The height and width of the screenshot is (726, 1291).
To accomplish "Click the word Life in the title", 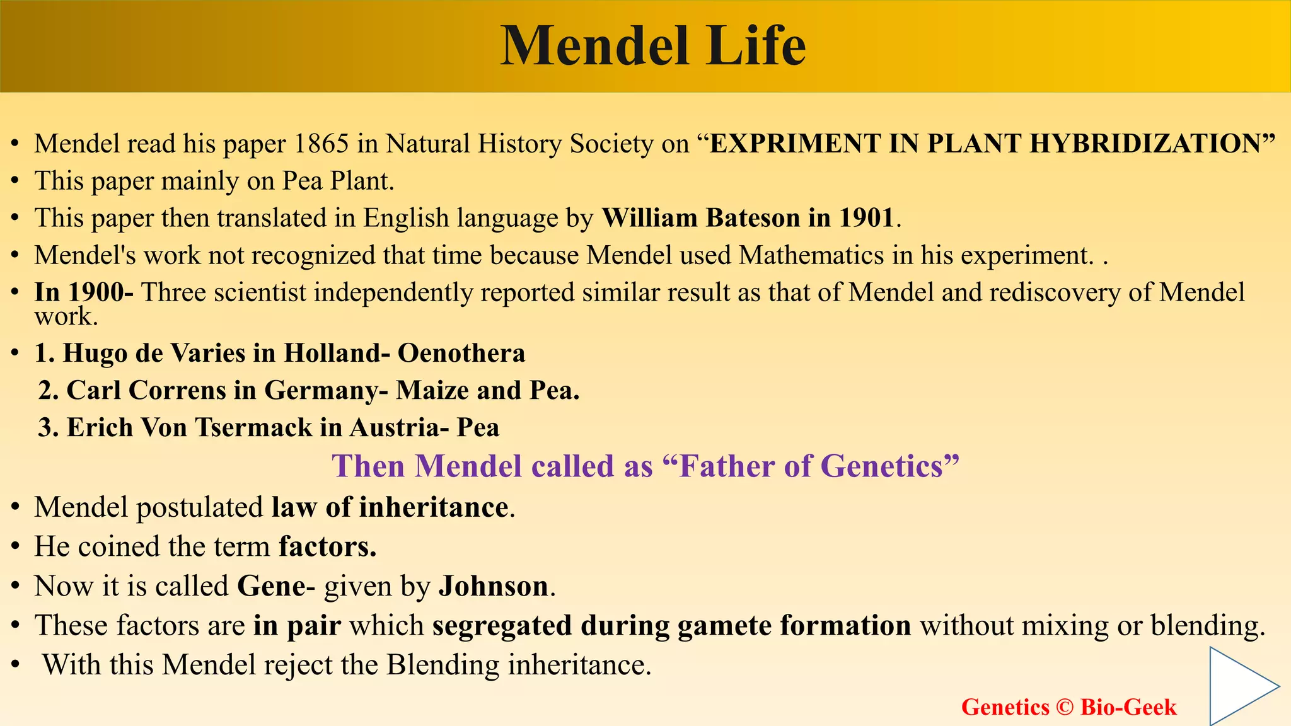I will pos(755,45).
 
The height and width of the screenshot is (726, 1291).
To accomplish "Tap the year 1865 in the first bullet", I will pos(321,144).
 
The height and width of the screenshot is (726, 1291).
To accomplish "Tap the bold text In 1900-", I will pos(83,292).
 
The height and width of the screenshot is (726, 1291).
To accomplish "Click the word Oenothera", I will pos(461,353).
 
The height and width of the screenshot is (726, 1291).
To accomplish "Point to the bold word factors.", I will pos(327,546).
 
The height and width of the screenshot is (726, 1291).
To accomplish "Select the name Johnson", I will pos(493,586).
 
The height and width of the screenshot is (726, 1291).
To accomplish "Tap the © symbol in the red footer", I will pos(1064,707).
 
